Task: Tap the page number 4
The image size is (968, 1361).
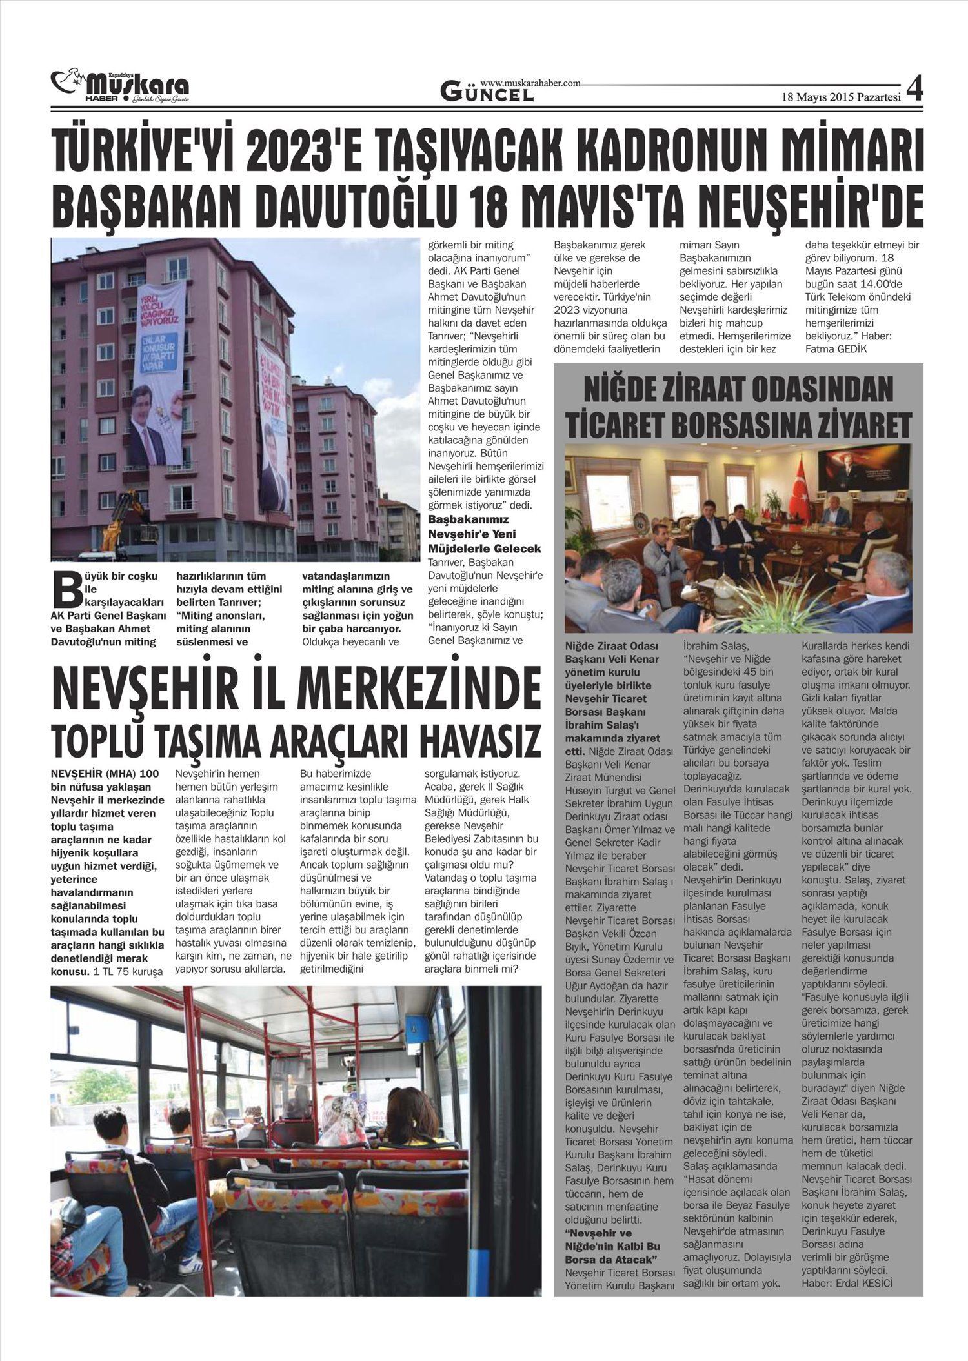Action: pos(914,89)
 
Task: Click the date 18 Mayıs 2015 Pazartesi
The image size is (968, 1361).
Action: pos(840,97)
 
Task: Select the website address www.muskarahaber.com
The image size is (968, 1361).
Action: pos(530,83)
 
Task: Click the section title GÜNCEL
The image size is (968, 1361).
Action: pos(487,94)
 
